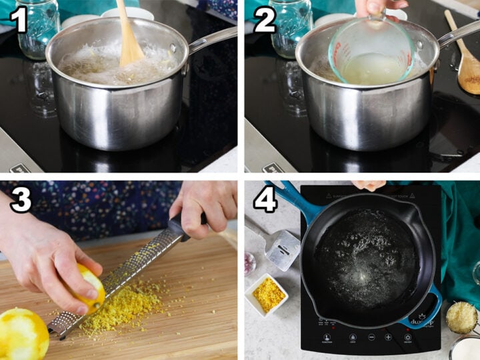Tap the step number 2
[x=264, y=19]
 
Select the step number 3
[x=21, y=199]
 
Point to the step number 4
[x=265, y=199]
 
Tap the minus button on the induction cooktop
[x=371, y=337]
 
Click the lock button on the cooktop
[x=352, y=337]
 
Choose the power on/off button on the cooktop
[x=407, y=337]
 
